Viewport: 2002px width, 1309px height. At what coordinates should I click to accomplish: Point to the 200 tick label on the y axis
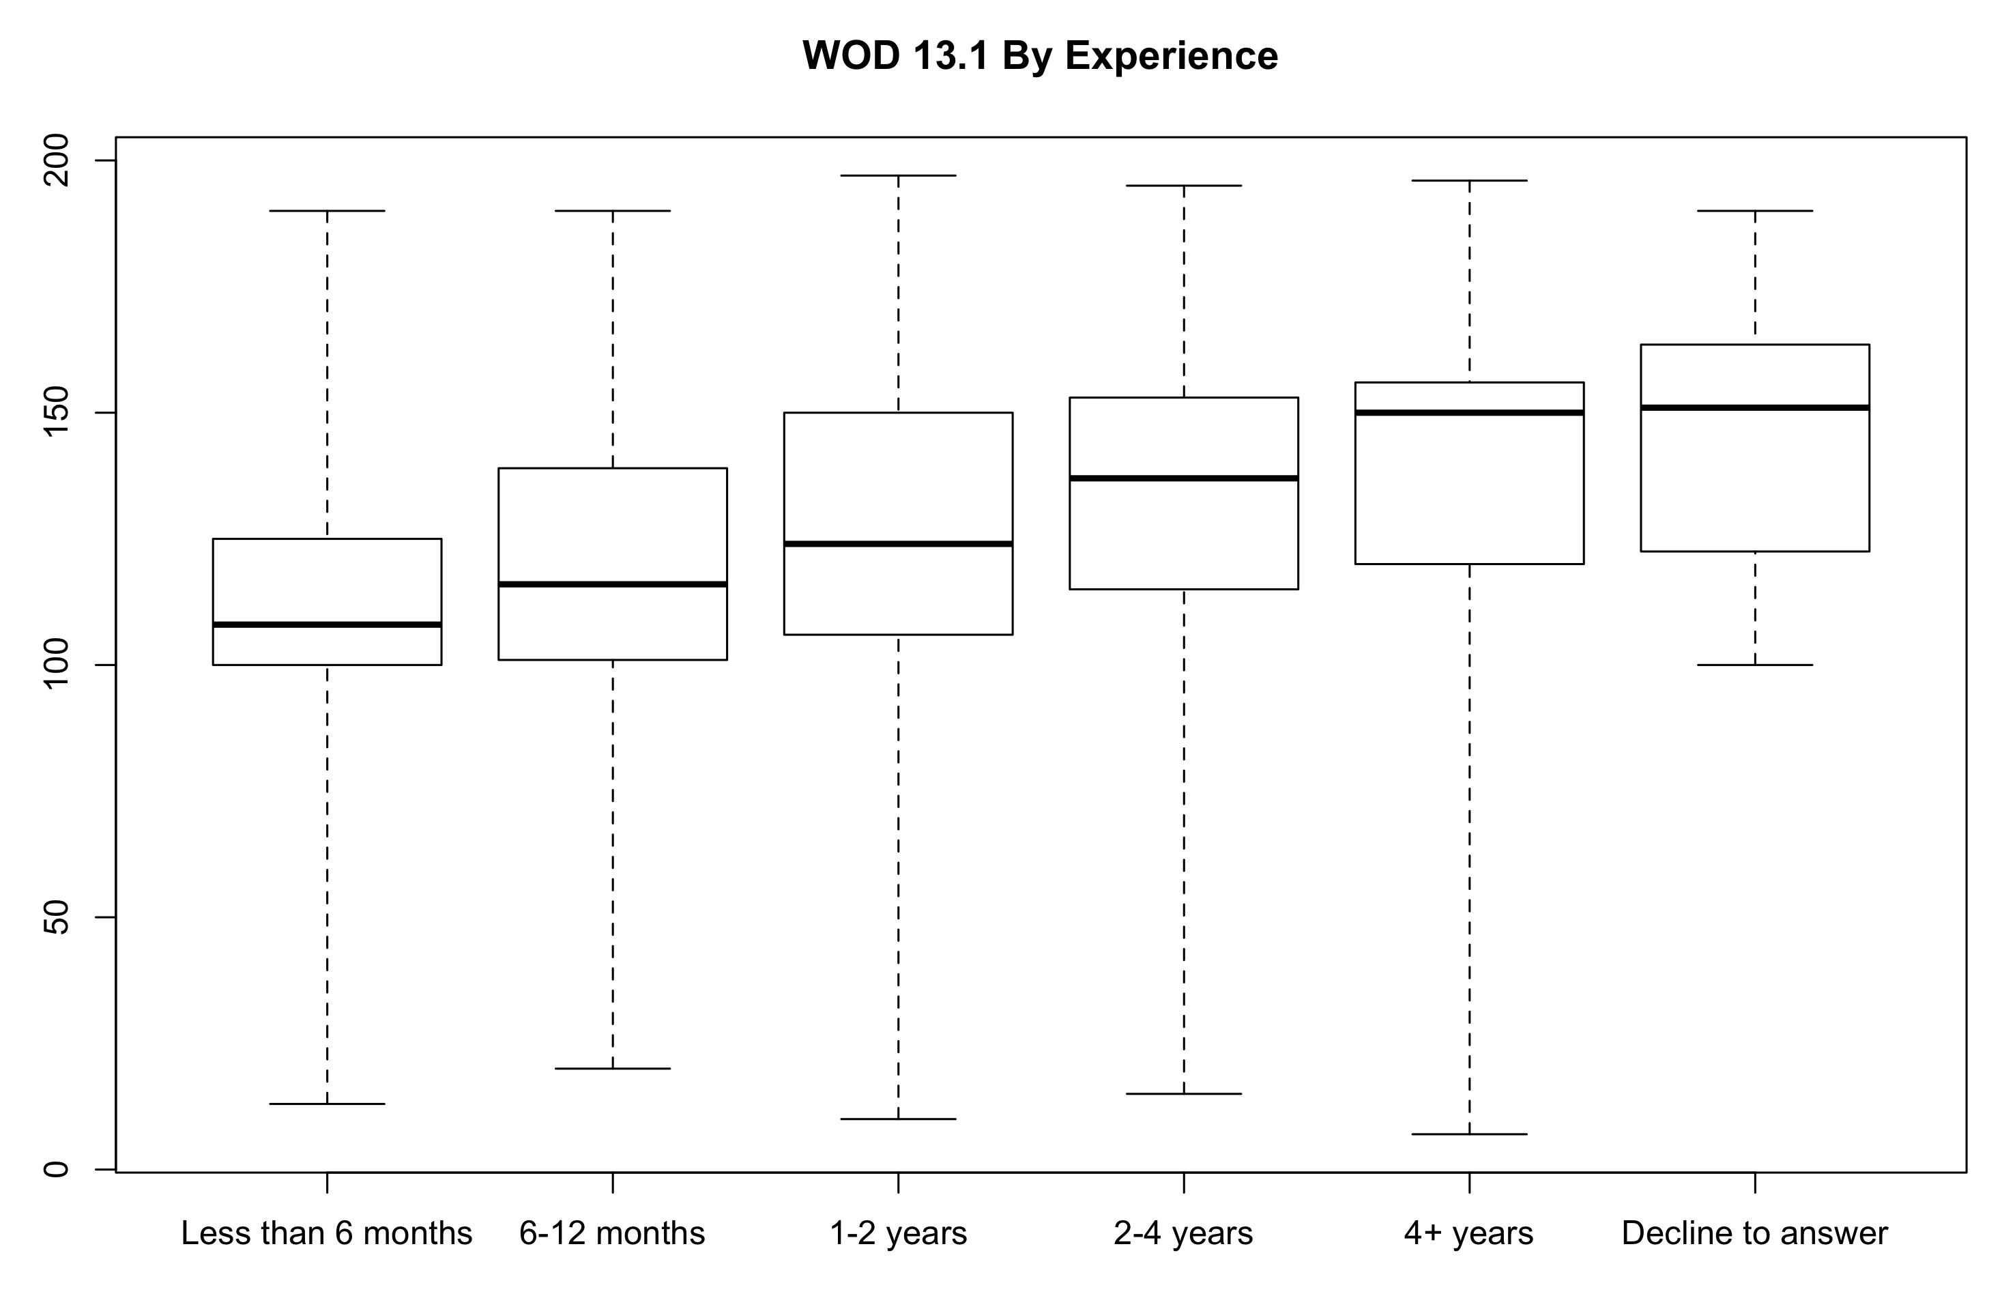click(x=55, y=160)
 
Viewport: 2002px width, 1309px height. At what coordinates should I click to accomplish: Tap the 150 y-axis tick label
click(x=55, y=412)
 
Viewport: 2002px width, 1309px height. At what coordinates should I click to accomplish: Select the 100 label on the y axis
click(x=55, y=665)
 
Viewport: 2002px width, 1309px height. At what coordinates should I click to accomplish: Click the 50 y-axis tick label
click(x=55, y=917)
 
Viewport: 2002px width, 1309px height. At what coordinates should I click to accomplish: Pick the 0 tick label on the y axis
click(x=55, y=1168)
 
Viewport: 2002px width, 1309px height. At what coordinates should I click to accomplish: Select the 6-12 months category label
click(x=611, y=1233)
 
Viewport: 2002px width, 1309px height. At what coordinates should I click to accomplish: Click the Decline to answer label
click(x=1755, y=1233)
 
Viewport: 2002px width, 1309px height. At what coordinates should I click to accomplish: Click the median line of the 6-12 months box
click(x=611, y=584)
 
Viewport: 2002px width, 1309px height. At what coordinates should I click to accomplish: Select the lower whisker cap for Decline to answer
click(x=1755, y=665)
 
